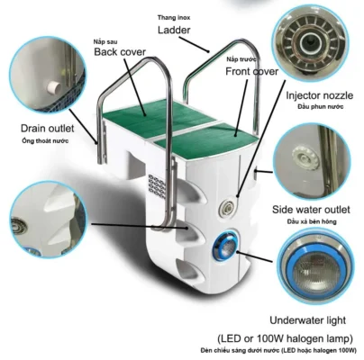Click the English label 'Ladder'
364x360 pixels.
(x=174, y=30)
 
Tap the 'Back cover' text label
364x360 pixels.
(x=120, y=51)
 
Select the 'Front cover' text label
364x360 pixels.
(x=251, y=71)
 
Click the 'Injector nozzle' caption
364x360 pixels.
(x=319, y=95)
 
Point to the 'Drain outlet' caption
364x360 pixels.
(x=47, y=129)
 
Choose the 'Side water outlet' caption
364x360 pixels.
(x=311, y=210)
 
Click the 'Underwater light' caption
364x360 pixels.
(x=308, y=320)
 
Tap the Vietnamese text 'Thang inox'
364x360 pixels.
(x=174, y=18)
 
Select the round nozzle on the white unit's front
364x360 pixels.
(x=226, y=207)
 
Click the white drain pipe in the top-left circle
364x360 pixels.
(x=54, y=87)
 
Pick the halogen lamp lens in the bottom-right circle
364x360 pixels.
(x=315, y=272)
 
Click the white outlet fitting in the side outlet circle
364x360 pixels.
(x=305, y=157)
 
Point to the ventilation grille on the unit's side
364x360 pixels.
(x=157, y=186)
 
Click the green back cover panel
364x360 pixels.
(x=159, y=118)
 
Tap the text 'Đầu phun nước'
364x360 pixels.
(x=321, y=106)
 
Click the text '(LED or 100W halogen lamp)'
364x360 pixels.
(x=285, y=338)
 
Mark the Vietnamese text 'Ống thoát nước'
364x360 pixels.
(x=45, y=140)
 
